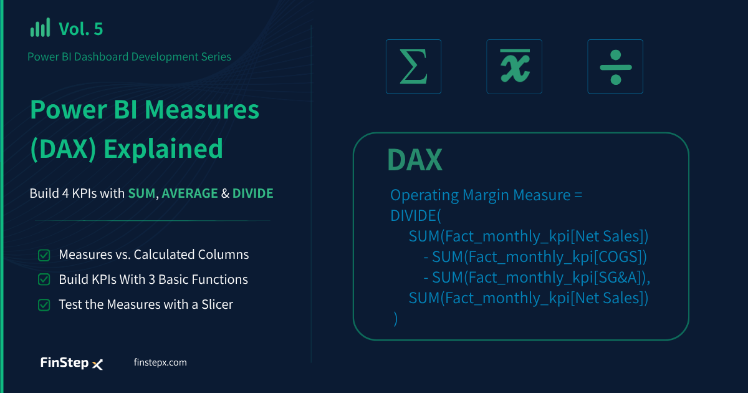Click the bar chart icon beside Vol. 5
pos(40,27)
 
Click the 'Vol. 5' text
pos(81,29)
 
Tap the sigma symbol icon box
pos(413,66)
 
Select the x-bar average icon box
pos(514,66)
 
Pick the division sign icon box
pos(615,66)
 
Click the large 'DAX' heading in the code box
pos(415,160)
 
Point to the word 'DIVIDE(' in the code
pos(416,216)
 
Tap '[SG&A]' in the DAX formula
pos(620,278)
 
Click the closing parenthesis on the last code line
pos(395,319)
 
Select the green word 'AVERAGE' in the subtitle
pos(189,193)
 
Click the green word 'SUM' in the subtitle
pos(141,193)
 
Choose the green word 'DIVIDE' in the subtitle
pos(253,193)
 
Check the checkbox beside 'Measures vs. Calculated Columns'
pos(44,255)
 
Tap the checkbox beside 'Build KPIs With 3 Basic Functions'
pos(44,279)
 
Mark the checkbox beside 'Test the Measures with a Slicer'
pos(44,305)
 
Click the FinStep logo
pos(72,363)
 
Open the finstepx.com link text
pos(160,362)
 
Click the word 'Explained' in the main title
pos(163,148)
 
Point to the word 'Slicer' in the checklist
pos(217,304)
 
